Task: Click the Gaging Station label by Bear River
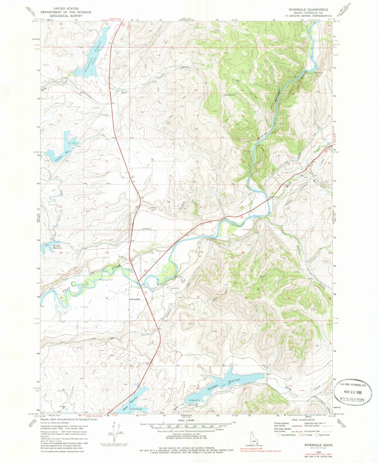coord(106,280)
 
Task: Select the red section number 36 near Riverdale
coord(107,298)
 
